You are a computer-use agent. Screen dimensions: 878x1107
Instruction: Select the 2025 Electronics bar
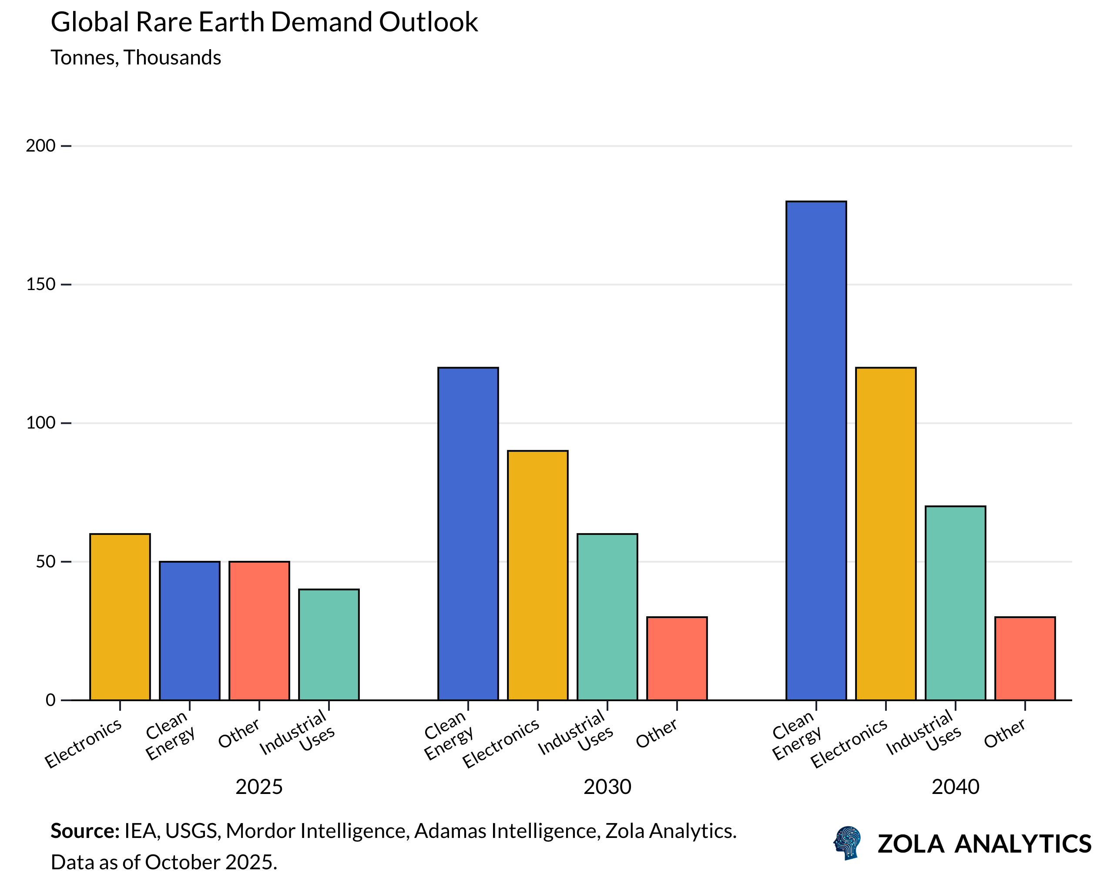coord(120,617)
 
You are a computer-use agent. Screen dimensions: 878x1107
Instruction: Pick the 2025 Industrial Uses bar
coord(329,644)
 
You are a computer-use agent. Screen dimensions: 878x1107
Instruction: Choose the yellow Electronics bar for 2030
coord(537,575)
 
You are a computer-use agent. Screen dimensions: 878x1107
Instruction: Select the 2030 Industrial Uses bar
coord(607,617)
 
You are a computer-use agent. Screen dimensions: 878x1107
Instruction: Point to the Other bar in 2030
coord(677,658)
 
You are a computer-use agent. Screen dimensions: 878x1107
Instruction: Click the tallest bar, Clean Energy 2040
coord(816,451)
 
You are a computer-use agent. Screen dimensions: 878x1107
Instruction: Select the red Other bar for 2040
coord(1025,658)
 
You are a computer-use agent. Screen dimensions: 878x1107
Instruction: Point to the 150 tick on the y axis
coord(40,284)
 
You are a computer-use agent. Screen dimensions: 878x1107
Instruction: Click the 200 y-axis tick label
coord(40,146)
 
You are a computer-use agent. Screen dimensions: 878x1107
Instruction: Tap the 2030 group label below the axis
coord(607,787)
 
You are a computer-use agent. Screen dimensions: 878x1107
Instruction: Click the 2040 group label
coord(955,787)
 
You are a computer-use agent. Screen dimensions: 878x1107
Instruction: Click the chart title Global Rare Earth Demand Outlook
coord(264,23)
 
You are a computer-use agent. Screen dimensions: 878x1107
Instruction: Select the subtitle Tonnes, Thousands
coord(136,57)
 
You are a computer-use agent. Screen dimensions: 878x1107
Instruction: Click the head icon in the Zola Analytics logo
coord(847,843)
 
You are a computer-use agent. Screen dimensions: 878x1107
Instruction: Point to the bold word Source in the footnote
coord(85,831)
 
